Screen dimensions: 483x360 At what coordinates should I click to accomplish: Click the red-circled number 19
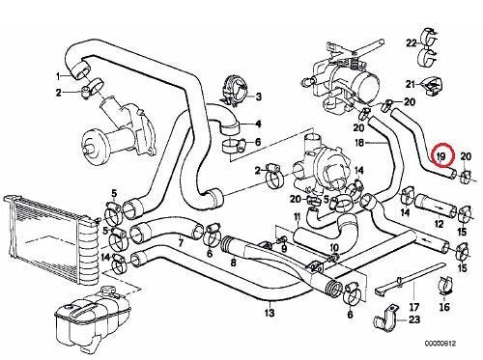(x=441, y=156)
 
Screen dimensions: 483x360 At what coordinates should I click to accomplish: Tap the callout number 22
(x=412, y=42)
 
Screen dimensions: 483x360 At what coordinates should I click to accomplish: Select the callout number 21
(x=411, y=84)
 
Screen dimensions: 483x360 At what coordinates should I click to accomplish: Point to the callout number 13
(x=270, y=313)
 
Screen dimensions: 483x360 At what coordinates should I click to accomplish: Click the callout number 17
(x=414, y=307)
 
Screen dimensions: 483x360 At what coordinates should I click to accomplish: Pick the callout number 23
(x=414, y=319)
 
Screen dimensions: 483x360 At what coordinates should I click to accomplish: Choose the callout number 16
(x=444, y=307)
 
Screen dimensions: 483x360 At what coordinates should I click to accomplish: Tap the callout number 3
(x=259, y=97)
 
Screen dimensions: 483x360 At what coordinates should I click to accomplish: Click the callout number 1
(x=58, y=76)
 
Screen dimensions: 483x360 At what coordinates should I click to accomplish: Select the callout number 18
(x=358, y=143)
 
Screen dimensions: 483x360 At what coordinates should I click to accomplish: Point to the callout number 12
(x=440, y=224)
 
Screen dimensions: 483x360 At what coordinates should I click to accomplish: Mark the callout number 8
(x=234, y=263)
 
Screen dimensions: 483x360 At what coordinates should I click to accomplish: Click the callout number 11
(x=298, y=216)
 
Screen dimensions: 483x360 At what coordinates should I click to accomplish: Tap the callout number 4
(x=258, y=124)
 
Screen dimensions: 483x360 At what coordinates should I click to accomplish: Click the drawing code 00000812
(x=440, y=344)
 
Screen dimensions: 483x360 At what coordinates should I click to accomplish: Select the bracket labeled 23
(x=384, y=318)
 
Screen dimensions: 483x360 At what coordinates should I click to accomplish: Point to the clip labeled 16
(x=445, y=286)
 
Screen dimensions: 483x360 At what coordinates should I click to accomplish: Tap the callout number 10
(x=334, y=248)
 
